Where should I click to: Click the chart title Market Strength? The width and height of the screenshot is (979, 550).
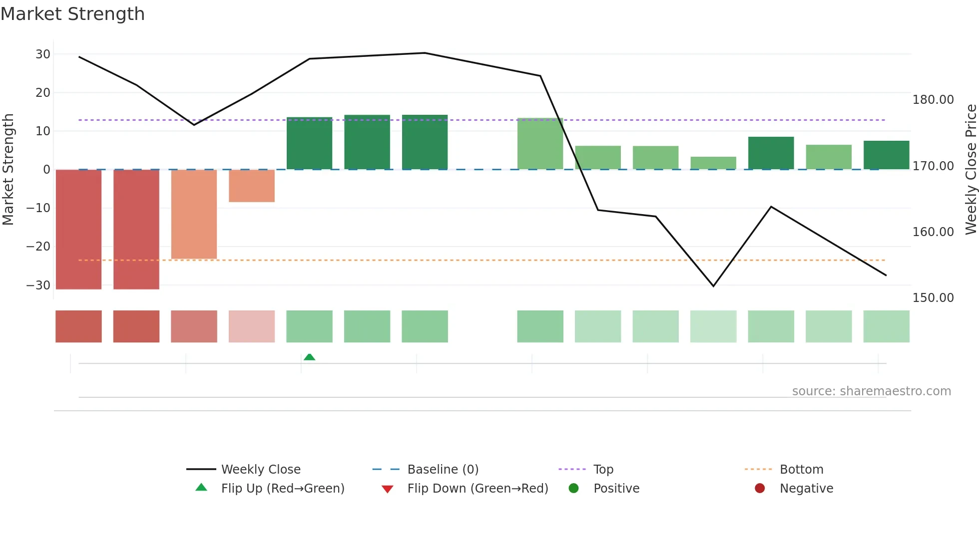[x=72, y=14]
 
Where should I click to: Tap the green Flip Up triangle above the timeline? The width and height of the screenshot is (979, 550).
[x=309, y=357]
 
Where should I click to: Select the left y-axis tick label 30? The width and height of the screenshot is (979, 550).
[x=43, y=54]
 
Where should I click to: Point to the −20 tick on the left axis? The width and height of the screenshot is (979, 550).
[x=38, y=247]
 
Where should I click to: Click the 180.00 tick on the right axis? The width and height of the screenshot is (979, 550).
[x=933, y=100]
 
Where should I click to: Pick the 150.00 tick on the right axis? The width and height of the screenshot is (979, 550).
[x=933, y=298]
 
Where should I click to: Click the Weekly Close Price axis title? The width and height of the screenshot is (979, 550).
[x=971, y=170]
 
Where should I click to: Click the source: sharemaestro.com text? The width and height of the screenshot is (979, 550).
[x=871, y=391]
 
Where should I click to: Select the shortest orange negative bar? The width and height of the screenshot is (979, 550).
[x=252, y=186]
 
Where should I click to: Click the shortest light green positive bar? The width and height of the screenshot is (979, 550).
[x=713, y=163]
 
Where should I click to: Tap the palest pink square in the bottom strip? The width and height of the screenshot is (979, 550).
[x=252, y=326]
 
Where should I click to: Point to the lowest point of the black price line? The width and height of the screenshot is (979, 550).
[x=713, y=286]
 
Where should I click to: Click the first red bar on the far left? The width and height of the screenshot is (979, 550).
[x=78, y=230]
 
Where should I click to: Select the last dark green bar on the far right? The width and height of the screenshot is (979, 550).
[x=886, y=155]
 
